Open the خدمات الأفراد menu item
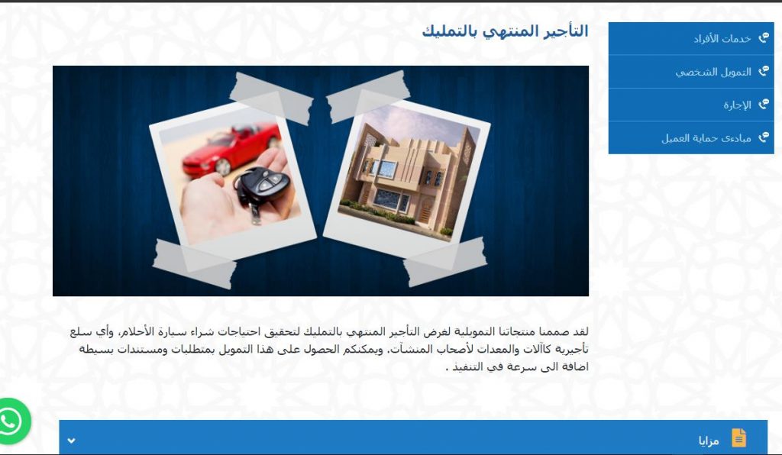(x=722, y=38)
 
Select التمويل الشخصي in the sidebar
(x=713, y=73)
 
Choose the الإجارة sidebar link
(x=737, y=105)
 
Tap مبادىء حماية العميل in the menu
(x=706, y=138)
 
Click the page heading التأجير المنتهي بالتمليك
(x=505, y=31)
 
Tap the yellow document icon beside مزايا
(x=738, y=438)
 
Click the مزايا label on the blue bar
(x=709, y=440)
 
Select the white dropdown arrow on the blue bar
(x=71, y=440)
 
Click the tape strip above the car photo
(x=271, y=98)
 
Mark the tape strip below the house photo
(x=445, y=262)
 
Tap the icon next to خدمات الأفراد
(x=763, y=38)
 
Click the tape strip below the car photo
(x=194, y=263)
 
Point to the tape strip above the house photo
(x=368, y=96)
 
